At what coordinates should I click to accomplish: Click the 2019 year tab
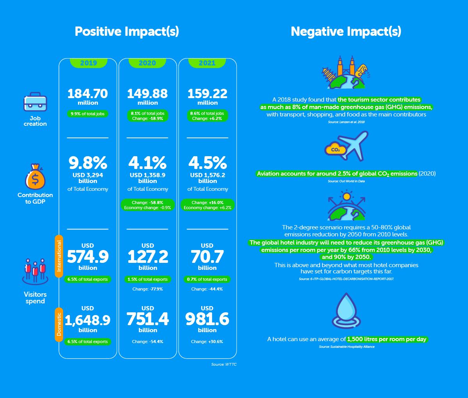pyautogui.click(x=88, y=63)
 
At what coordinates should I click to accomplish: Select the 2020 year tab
pyautogui.click(x=147, y=63)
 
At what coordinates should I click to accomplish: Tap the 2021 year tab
pyautogui.click(x=207, y=63)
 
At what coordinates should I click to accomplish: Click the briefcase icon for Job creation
pyautogui.click(x=35, y=102)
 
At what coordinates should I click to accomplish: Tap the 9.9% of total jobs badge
pyautogui.click(x=88, y=114)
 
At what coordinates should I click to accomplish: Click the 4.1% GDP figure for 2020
pyautogui.click(x=147, y=162)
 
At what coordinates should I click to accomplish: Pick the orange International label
pyautogui.click(x=59, y=256)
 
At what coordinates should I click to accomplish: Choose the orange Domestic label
pyautogui.click(x=59, y=324)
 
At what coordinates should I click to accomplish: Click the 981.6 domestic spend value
pyautogui.click(x=207, y=319)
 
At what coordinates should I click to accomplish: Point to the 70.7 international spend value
pyautogui.click(x=207, y=257)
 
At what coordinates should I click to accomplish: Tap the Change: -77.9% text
pyautogui.click(x=147, y=289)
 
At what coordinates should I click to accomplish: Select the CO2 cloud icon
pyautogui.click(x=335, y=150)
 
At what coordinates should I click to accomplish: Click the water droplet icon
pyautogui.click(x=346, y=310)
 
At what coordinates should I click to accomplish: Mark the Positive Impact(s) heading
pyautogui.click(x=127, y=31)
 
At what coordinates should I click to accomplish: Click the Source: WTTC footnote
pyautogui.click(x=224, y=365)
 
